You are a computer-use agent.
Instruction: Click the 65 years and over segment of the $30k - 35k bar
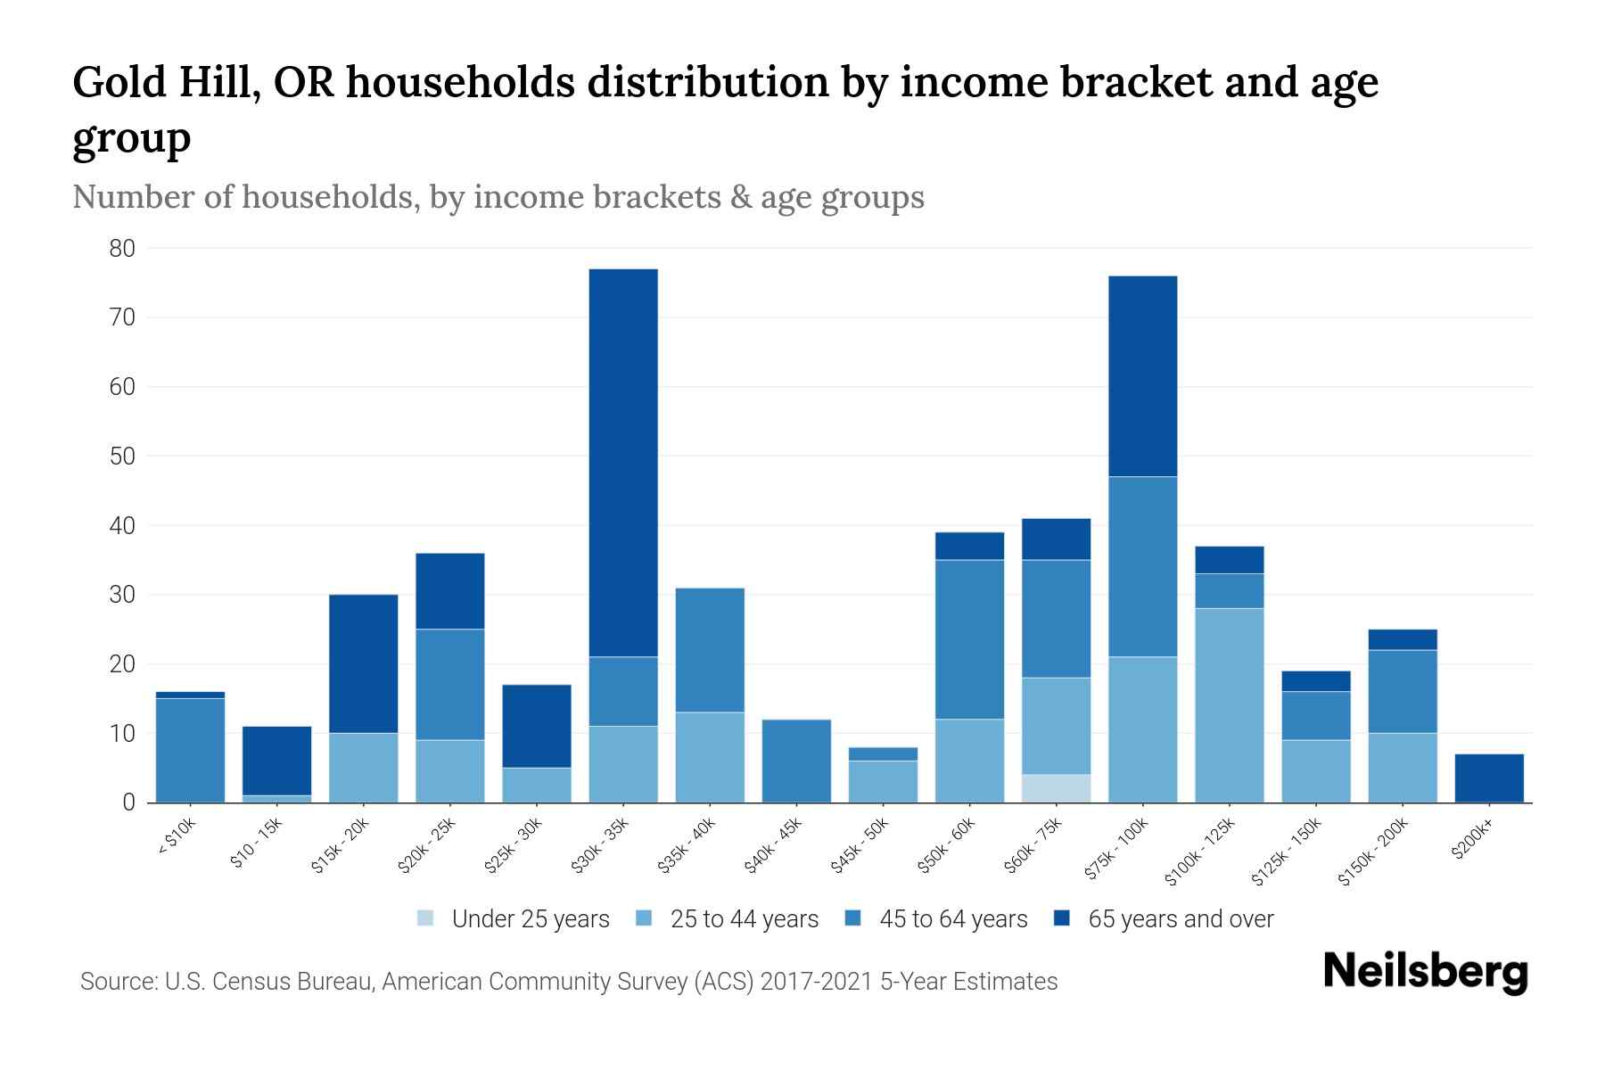click(623, 462)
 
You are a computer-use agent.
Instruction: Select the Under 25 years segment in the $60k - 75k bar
click(1056, 788)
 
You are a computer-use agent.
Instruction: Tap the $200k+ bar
click(1489, 778)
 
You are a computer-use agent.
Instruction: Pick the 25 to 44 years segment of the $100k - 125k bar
click(1230, 704)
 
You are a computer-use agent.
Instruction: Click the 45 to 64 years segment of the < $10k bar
click(190, 750)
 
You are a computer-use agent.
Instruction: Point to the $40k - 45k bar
click(796, 761)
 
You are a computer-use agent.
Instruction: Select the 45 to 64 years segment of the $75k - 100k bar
click(1142, 566)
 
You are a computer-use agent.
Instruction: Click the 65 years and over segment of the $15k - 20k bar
click(363, 663)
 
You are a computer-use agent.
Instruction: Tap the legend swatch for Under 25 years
click(426, 918)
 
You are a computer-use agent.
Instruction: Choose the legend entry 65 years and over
click(1180, 918)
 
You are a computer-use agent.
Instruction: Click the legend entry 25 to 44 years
click(744, 918)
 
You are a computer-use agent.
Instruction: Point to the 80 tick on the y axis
click(122, 249)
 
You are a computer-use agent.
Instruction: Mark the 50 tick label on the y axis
click(122, 457)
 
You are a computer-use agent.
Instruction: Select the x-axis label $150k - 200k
click(1374, 853)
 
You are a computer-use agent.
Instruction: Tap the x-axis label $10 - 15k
click(256, 844)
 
